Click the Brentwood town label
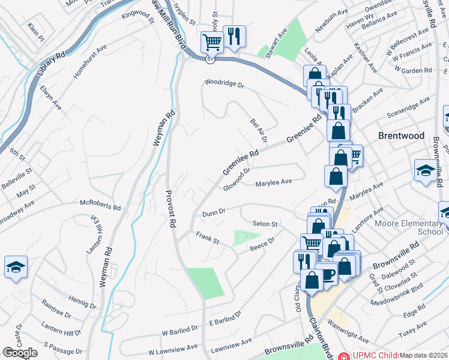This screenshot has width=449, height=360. click(x=401, y=136)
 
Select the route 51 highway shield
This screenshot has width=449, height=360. click(x=209, y=58)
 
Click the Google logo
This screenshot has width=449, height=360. click(x=20, y=353)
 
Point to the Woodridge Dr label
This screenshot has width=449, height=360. click(x=224, y=83)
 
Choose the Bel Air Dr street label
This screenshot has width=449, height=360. click(x=258, y=131)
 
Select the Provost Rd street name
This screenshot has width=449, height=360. click(x=170, y=210)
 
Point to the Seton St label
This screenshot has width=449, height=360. click(x=265, y=224)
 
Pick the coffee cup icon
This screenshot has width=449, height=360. click(x=328, y=274)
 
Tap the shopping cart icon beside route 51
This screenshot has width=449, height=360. click(x=211, y=42)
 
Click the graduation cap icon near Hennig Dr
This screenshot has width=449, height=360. click(x=16, y=268)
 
